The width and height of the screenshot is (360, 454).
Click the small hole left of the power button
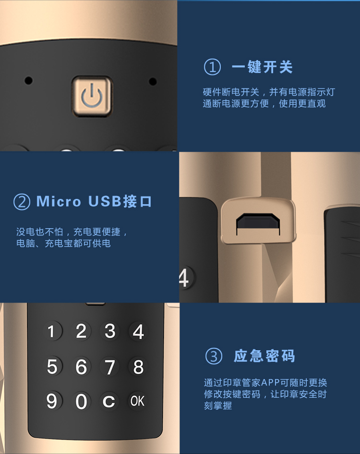coord(28,81)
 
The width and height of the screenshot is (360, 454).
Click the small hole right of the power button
coord(153,81)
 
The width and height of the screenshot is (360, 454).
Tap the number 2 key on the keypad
coord(81,331)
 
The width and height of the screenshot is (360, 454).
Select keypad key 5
coord(52,366)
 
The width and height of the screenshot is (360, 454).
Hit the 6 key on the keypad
coord(81,367)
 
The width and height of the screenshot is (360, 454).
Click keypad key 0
coord(81,401)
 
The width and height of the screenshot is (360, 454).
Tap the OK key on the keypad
coord(137,401)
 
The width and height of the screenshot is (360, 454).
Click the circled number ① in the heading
coord(213,67)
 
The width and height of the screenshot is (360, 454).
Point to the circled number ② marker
coord(22,202)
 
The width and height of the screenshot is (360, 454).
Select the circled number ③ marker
coord(214,356)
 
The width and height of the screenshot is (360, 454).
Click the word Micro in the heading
coord(59,201)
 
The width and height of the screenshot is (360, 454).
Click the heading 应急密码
coord(264,356)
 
